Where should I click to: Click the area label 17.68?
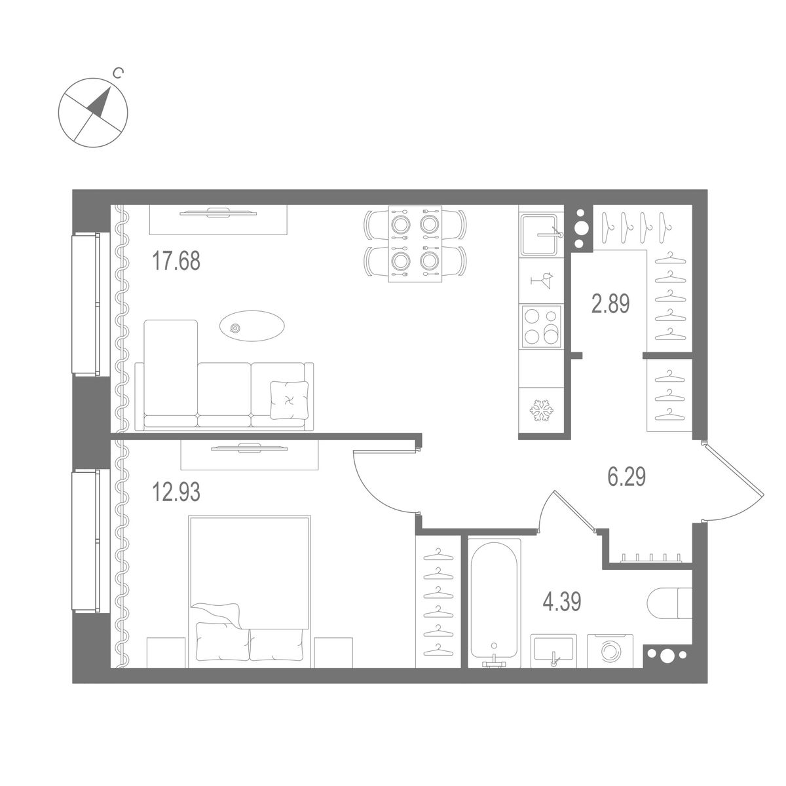[x=176, y=262]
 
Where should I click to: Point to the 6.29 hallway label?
[x=627, y=477]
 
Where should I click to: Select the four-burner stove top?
[x=541, y=325]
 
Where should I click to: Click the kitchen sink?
[x=541, y=233]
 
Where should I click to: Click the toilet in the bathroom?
[x=669, y=602]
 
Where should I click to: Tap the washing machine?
[x=610, y=650]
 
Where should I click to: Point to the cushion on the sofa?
[x=289, y=399]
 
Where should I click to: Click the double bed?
[x=249, y=589]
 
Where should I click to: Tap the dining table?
[x=415, y=244]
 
